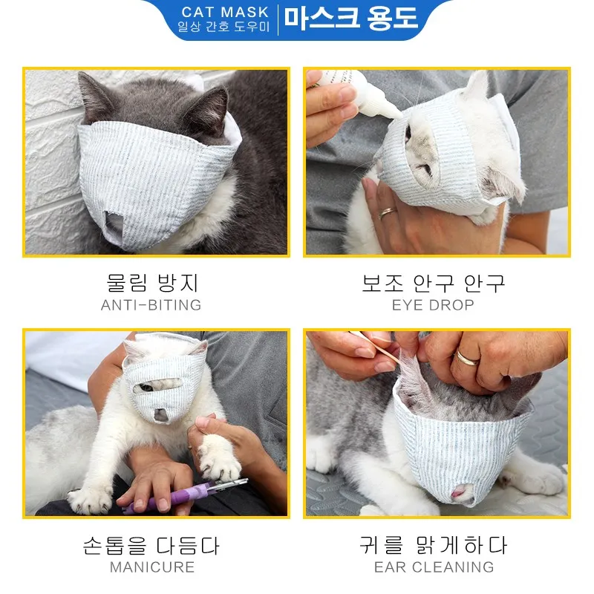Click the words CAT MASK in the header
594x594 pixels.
pyautogui.click(x=225, y=13)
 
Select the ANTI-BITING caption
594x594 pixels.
pyautogui.click(x=151, y=305)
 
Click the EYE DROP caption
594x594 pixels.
pyautogui.click(x=433, y=305)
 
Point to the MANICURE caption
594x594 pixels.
pyautogui.click(x=151, y=567)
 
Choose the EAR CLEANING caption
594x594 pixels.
pyautogui.click(x=434, y=567)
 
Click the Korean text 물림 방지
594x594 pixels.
pyautogui.click(x=151, y=283)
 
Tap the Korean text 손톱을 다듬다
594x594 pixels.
pyautogui.click(x=151, y=546)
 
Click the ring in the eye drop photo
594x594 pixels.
pyautogui.click(x=388, y=213)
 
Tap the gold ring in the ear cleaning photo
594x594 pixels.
pyautogui.click(x=468, y=358)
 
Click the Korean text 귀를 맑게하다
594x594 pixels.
pyautogui.click(x=434, y=546)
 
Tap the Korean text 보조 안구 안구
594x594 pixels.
pyautogui.click(x=433, y=283)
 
